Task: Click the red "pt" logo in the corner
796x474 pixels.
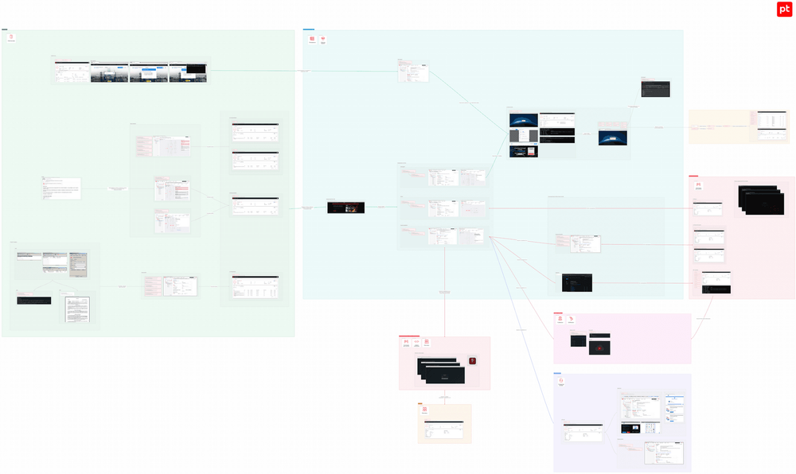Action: [x=784, y=10]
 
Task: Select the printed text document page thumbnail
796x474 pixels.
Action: [x=77, y=309]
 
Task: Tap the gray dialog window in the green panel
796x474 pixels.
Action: [x=79, y=265]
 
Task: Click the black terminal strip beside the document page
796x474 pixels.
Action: [x=33, y=301]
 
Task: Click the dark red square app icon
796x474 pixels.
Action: [x=473, y=361]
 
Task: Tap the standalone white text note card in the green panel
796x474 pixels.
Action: [x=61, y=188]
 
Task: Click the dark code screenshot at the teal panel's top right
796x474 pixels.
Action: [x=655, y=88]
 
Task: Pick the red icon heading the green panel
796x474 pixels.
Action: [x=11, y=37]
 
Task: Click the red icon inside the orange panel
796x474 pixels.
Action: [x=424, y=411]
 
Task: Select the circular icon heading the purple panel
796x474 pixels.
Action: [x=561, y=382]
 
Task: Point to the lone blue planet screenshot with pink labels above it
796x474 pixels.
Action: [x=614, y=137]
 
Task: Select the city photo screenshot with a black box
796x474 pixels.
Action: [x=188, y=73]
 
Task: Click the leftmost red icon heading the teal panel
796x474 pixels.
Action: [x=312, y=39]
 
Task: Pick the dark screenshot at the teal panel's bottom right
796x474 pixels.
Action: [x=576, y=281]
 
